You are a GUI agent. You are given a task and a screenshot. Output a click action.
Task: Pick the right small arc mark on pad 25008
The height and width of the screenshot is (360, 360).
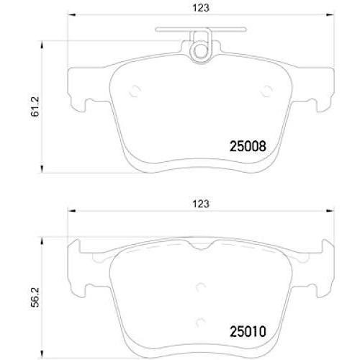click(267, 91)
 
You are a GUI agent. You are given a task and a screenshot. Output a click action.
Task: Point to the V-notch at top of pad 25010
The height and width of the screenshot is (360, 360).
click(202, 248)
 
